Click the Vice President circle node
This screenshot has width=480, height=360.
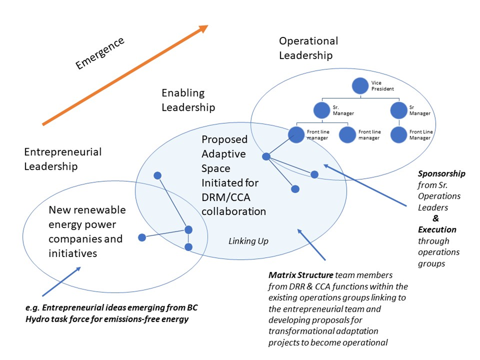click(x=360, y=86)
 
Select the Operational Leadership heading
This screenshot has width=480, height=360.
click(x=309, y=48)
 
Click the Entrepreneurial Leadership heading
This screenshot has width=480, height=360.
click(x=63, y=159)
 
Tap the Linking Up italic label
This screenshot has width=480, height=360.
click(x=249, y=241)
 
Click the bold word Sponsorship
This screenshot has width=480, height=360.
click(x=441, y=174)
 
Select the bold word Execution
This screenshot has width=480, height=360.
click(x=437, y=229)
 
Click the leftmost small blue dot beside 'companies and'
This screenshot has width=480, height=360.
click(x=142, y=237)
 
